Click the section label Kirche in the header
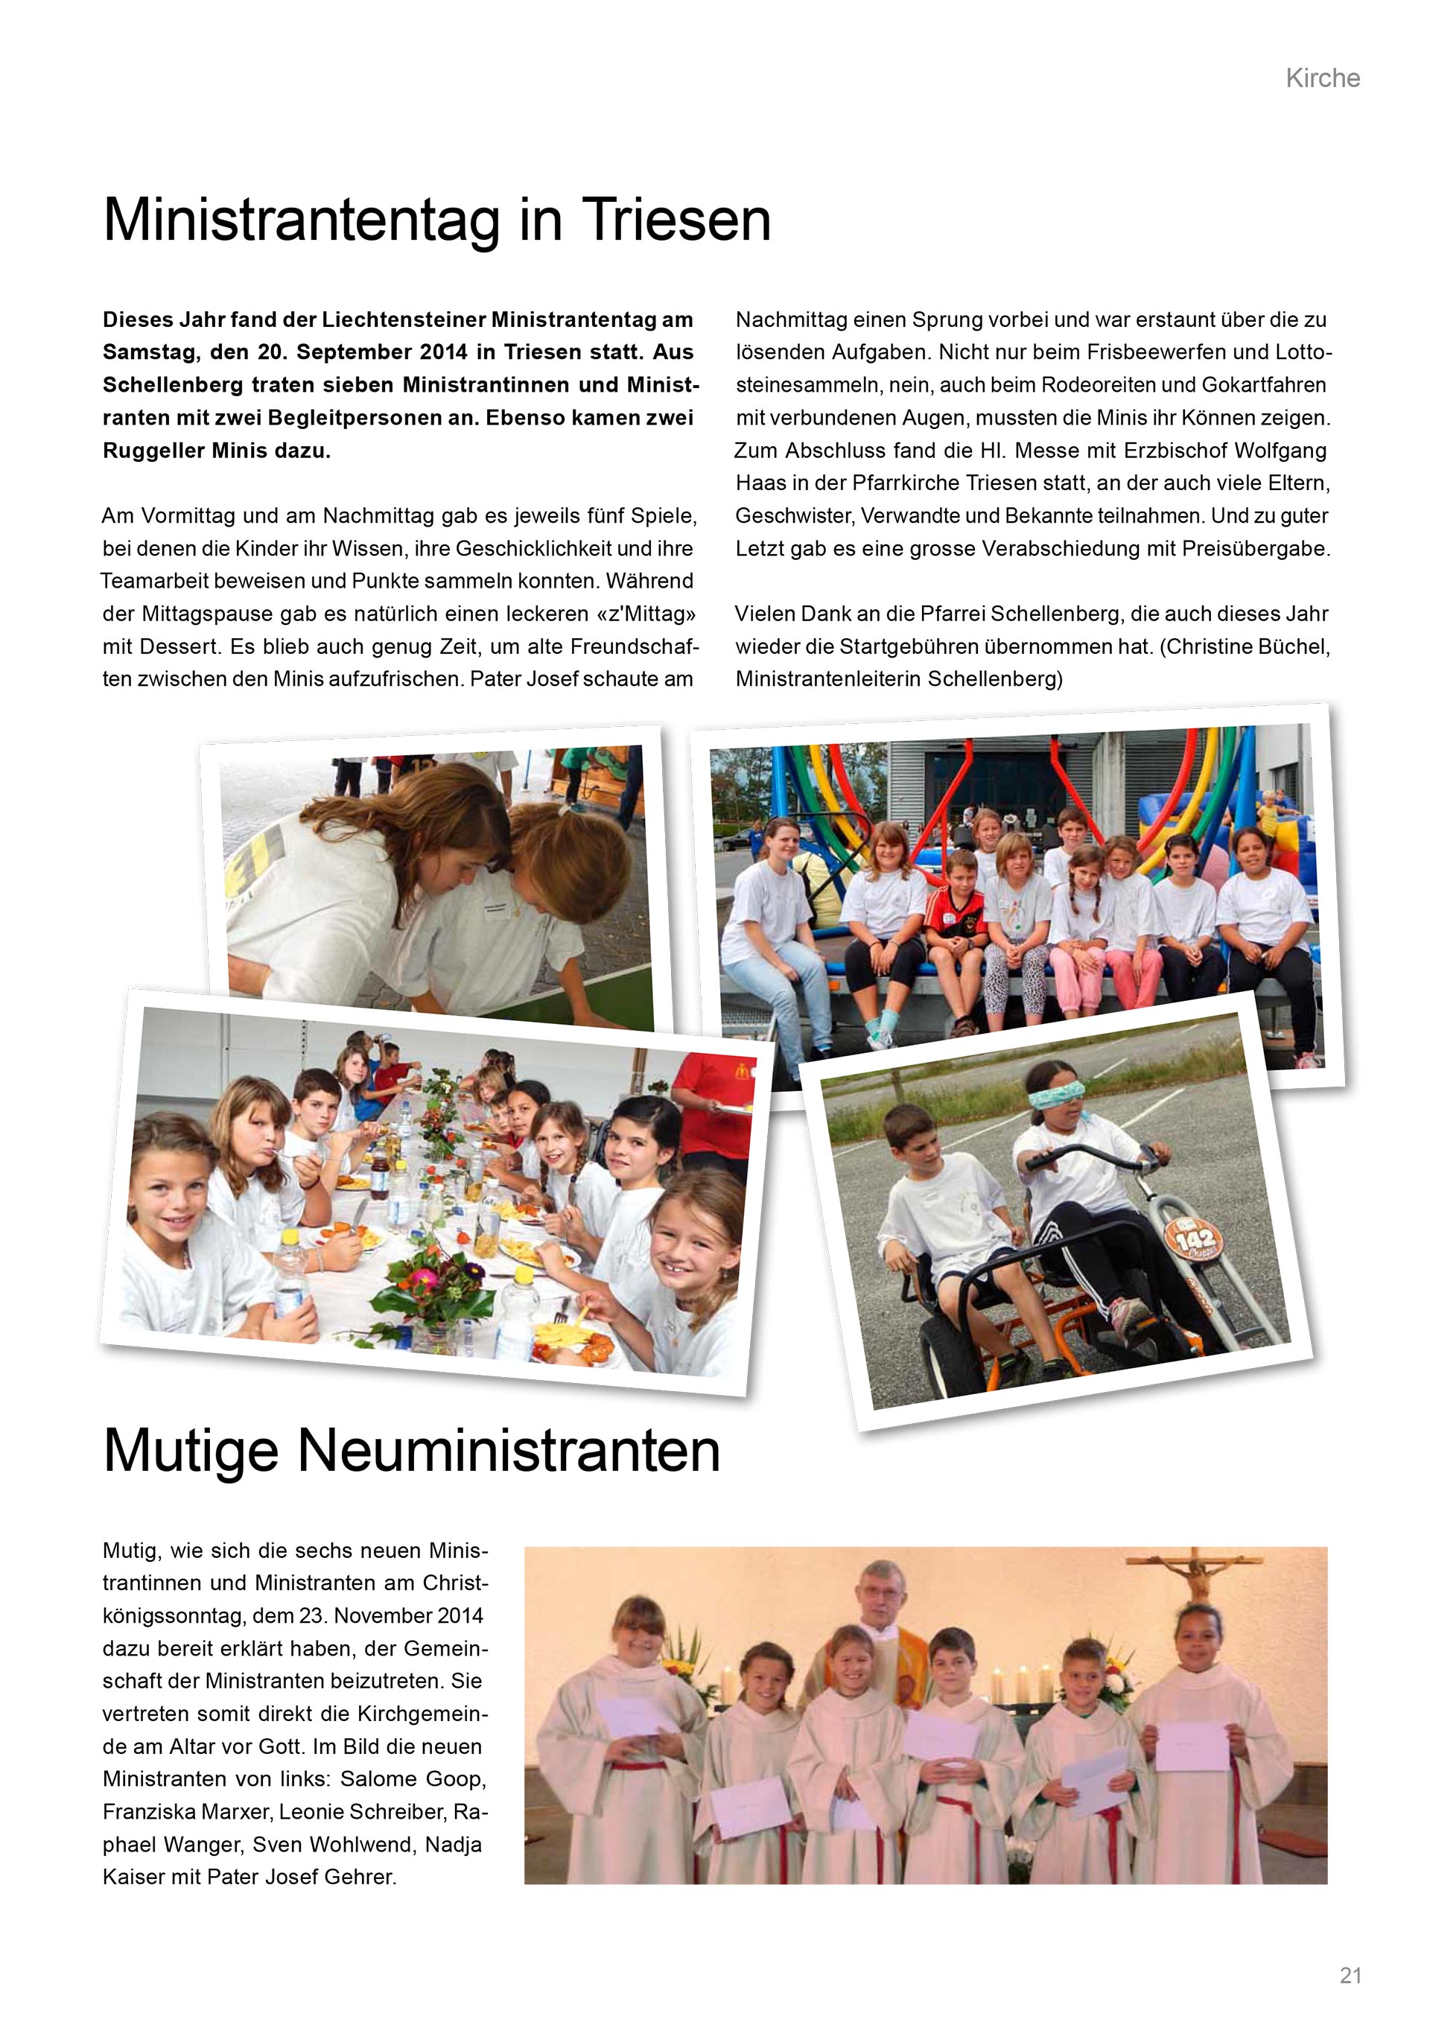pyautogui.click(x=1322, y=78)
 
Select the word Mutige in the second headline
pyautogui.click(x=191, y=1451)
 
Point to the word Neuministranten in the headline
pyautogui.click(x=509, y=1451)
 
